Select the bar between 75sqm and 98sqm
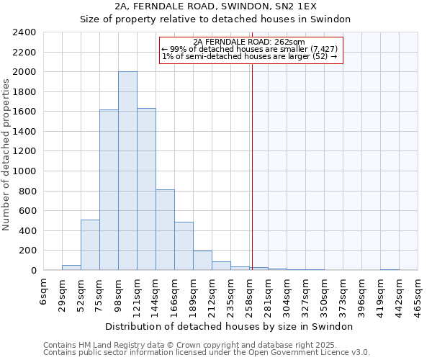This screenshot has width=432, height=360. pos(109,190)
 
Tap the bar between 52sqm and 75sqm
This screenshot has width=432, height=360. pos(90,245)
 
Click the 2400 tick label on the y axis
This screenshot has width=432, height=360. pos(24,33)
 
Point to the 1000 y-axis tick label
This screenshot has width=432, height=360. pos(24,172)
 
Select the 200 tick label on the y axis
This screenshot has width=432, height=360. pos(27,251)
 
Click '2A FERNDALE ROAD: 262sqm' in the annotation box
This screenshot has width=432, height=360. pos(249,42)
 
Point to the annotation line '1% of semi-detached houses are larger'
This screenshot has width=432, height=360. pos(249,56)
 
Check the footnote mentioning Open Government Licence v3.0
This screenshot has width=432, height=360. pos(207,353)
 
